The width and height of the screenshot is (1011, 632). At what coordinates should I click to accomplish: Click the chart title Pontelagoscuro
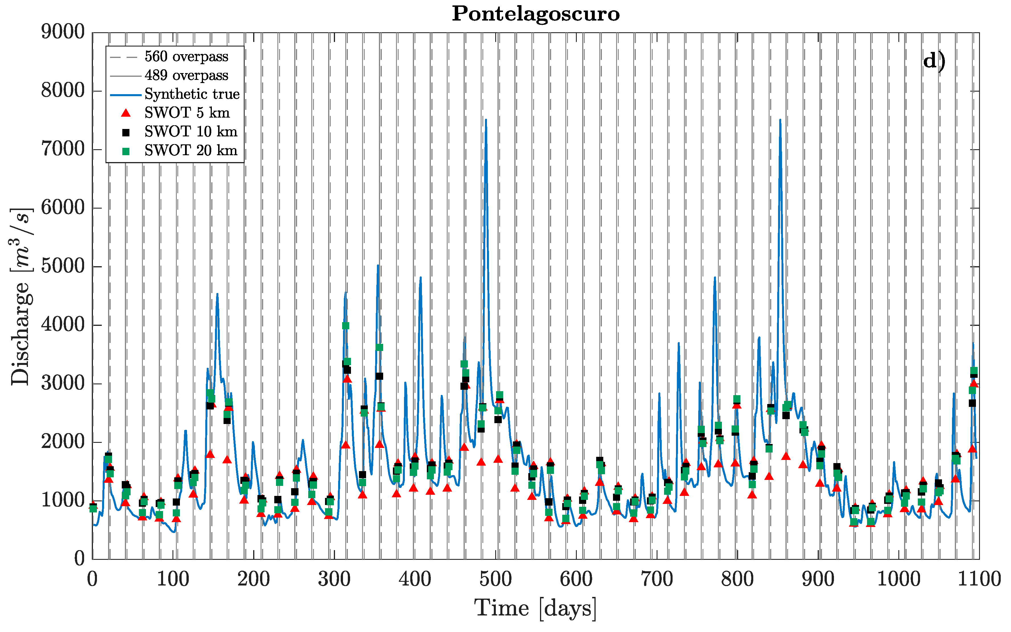535,14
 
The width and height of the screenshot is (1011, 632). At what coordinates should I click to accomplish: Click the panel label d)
934,61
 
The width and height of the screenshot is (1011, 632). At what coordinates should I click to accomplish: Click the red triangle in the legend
126,113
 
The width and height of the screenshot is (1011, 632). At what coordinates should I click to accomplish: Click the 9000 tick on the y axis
63,32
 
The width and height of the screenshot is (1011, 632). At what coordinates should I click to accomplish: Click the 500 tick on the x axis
495,579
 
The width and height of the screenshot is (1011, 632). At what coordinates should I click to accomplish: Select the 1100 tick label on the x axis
978,579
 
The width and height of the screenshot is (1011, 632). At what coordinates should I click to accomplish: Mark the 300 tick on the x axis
334,579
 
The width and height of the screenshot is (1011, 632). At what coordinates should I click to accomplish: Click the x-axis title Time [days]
535,608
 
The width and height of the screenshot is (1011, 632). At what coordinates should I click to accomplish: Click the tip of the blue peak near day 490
486,120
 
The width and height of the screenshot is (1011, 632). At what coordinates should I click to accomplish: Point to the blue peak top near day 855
780,120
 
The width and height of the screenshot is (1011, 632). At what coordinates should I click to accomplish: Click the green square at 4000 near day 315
345,326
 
